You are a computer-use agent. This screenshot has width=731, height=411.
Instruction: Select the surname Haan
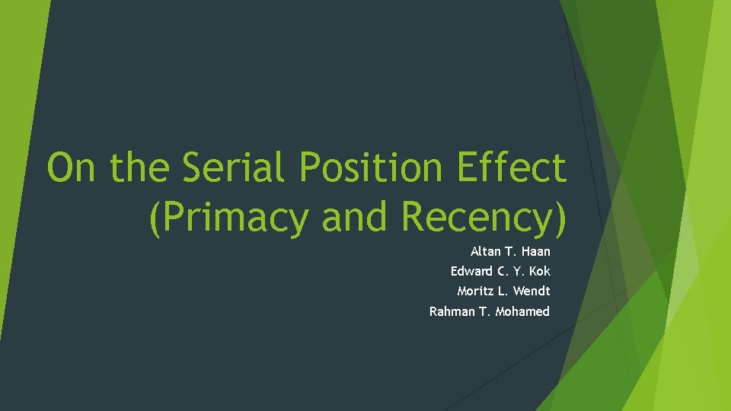coord(535,252)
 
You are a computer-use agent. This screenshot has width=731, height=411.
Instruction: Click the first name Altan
coord(486,252)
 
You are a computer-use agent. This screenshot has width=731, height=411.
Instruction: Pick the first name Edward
coord(472,272)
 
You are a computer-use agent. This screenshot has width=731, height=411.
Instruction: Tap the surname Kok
coord(540,272)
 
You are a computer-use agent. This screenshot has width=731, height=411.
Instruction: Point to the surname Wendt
coord(531,292)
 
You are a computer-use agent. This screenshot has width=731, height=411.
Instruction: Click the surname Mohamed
coord(522,311)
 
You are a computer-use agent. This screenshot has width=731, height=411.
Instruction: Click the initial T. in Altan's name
coord(510,252)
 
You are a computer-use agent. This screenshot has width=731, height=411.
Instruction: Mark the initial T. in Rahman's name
coord(485,311)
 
